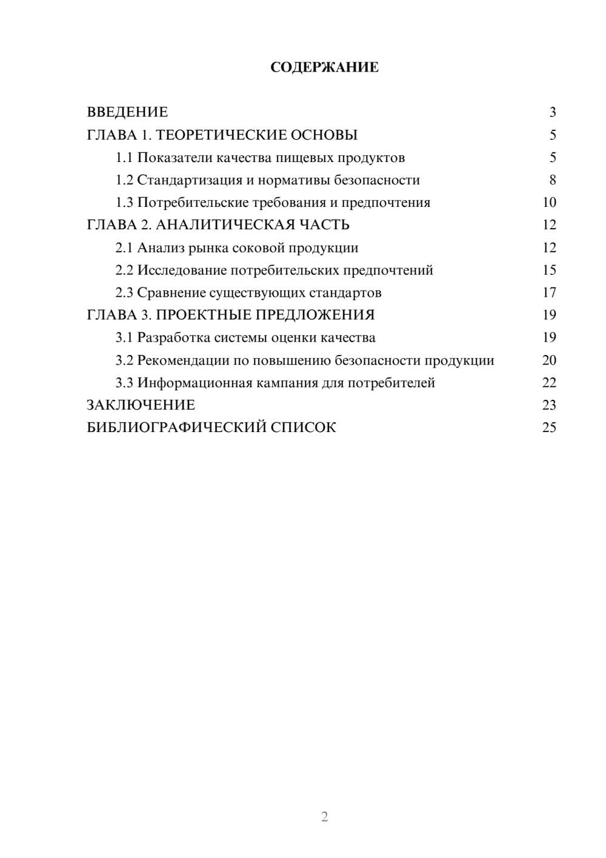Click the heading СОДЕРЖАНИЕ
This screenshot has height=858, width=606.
(x=324, y=67)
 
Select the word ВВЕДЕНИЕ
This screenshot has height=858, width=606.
(x=127, y=112)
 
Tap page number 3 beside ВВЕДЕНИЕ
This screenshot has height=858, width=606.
(x=552, y=112)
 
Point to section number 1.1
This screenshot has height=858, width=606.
(x=124, y=158)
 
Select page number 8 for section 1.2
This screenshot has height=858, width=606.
(x=552, y=180)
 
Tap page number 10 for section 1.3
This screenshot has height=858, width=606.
(x=549, y=203)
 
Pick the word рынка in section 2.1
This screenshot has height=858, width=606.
(x=208, y=248)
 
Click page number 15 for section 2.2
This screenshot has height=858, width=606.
(x=549, y=270)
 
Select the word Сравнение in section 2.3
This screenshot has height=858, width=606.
(x=171, y=293)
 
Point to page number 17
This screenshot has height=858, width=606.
(x=549, y=292)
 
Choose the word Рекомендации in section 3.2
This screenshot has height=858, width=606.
(x=183, y=360)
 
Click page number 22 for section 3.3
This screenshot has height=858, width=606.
(x=549, y=383)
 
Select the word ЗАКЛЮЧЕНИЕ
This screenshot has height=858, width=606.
(x=141, y=405)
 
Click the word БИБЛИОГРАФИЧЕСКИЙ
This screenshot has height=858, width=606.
(x=176, y=428)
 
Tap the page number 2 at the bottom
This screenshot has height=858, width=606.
(x=324, y=817)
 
